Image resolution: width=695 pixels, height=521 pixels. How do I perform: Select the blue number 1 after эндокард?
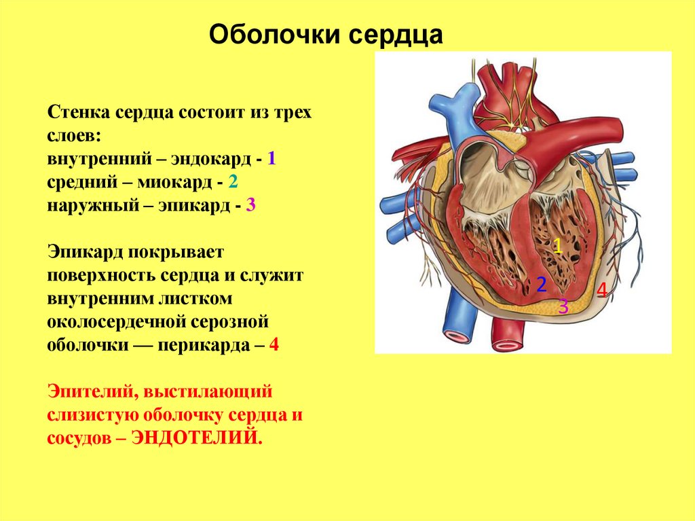tap(271, 160)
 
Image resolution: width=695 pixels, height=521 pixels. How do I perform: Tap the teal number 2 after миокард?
tap(233, 182)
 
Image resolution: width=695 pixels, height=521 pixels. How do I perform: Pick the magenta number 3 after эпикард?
tap(250, 204)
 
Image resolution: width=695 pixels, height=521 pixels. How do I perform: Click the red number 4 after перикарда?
tap(274, 344)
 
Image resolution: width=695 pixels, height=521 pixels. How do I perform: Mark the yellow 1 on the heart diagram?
tap(557, 246)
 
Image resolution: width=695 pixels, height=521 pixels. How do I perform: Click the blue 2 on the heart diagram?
tap(542, 285)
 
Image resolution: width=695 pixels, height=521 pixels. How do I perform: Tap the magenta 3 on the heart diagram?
tap(563, 306)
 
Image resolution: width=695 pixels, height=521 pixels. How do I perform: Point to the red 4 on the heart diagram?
tap(601, 291)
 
